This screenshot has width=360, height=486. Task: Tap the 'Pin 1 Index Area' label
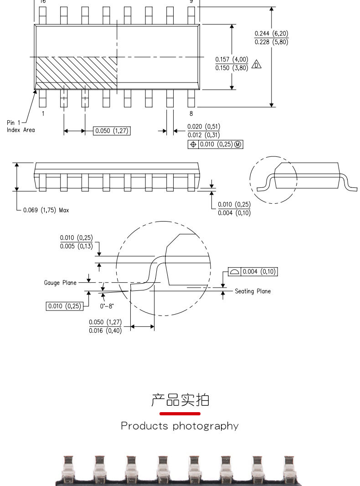click(x=21, y=126)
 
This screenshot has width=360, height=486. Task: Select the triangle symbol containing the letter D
click(x=256, y=64)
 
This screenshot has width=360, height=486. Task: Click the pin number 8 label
click(x=191, y=114)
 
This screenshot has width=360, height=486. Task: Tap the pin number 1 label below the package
click(x=43, y=114)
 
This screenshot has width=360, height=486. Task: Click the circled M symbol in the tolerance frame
click(x=237, y=145)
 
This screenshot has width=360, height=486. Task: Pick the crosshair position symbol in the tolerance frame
click(x=193, y=145)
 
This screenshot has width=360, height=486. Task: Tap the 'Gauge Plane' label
click(x=60, y=283)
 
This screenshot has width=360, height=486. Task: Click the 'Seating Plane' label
click(x=253, y=291)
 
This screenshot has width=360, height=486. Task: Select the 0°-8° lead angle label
click(x=107, y=306)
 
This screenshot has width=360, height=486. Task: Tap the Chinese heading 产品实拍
click(x=180, y=400)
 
